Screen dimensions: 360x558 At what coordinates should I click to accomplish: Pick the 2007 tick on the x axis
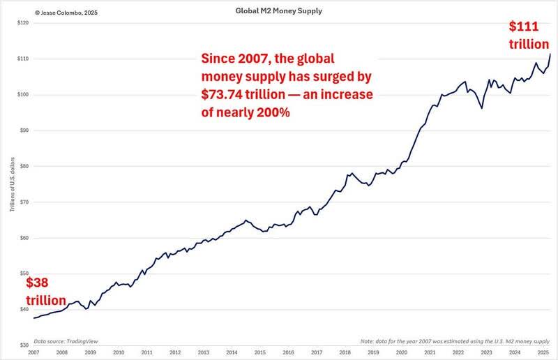pyautogui.click(x=33, y=353)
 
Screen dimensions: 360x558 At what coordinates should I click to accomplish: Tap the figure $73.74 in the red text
pyautogui.click(x=224, y=93)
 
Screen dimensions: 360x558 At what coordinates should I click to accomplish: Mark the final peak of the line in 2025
pyautogui.click(x=550, y=54)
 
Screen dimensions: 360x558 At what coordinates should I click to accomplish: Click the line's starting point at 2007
pyautogui.click(x=33, y=318)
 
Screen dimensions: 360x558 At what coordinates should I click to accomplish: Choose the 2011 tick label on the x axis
pyautogui.click(x=147, y=353)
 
